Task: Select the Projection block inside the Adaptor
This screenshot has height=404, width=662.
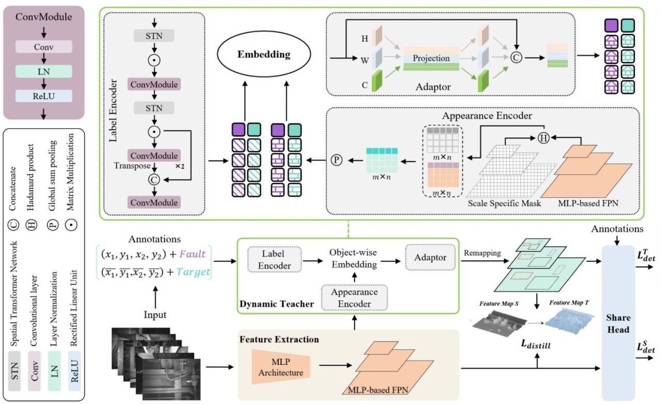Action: point(431,58)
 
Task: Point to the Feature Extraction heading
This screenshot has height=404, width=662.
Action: point(279,340)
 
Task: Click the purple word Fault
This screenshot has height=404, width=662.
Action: point(200,255)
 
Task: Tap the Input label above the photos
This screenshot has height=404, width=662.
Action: point(155,314)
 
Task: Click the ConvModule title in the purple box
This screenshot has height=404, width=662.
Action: point(43,17)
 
